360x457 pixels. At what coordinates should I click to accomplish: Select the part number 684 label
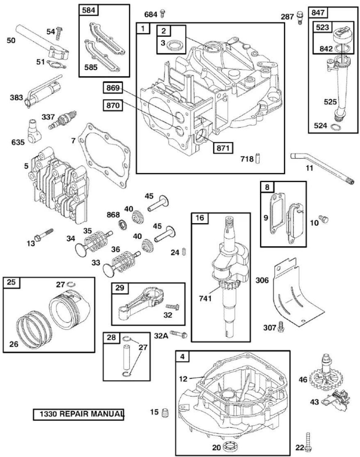point(151,15)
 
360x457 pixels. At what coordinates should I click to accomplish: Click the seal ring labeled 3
point(175,46)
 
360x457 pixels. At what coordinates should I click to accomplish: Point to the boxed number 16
point(200,218)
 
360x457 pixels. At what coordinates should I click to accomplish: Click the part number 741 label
point(205,298)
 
